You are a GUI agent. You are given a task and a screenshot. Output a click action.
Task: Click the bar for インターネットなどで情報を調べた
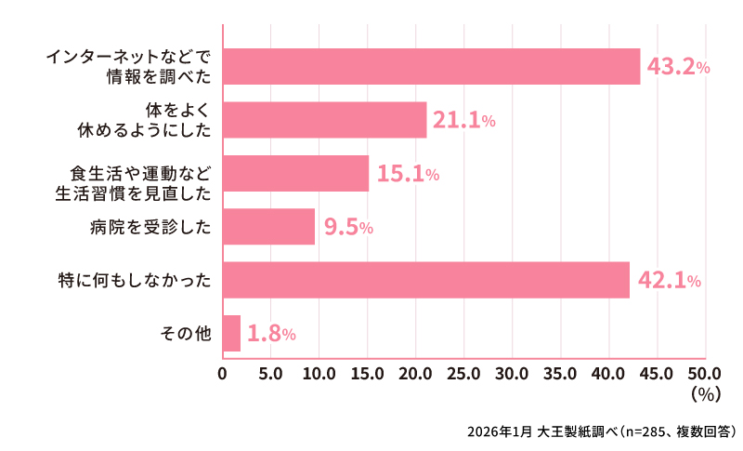point(432,66)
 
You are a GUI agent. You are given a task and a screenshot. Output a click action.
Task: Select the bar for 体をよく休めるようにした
point(325,120)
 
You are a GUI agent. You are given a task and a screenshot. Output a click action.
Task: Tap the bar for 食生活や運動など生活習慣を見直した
point(296,173)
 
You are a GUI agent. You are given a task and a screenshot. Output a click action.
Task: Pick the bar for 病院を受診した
point(269,226)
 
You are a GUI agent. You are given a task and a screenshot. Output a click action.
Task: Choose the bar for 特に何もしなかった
point(426,280)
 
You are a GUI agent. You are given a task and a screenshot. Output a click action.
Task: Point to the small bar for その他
point(232,333)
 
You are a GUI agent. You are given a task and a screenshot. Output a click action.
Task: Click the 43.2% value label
point(678,67)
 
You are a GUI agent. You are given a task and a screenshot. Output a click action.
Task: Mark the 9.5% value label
point(348,227)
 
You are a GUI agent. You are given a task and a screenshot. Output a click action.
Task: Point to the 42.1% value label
point(668,281)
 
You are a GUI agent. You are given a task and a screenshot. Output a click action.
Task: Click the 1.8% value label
point(271,334)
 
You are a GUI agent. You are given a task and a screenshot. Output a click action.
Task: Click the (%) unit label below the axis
point(706,394)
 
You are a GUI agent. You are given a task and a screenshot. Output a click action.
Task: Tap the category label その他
point(186,333)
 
